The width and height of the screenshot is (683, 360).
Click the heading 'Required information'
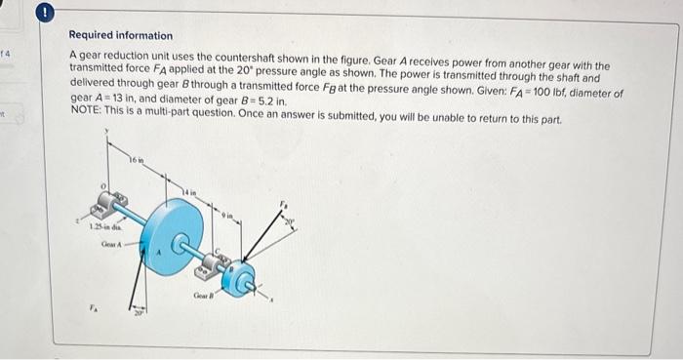tap(121, 36)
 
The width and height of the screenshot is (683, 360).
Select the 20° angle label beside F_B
tap(289, 222)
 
